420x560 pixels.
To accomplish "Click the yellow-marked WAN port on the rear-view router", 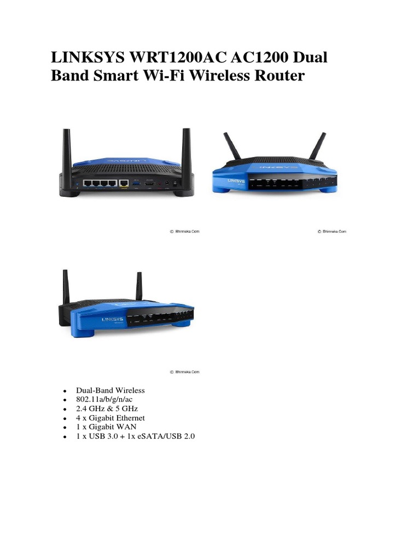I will click(124, 184).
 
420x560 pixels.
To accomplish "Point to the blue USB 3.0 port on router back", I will click(136, 183).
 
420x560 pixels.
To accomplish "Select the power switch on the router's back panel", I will click(175, 184).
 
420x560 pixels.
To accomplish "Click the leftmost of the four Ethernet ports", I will click(87, 184).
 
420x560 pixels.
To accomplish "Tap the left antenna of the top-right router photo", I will click(230, 147).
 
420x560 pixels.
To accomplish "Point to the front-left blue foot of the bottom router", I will click(81, 331).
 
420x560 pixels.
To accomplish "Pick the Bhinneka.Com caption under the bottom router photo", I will click(184, 371).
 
